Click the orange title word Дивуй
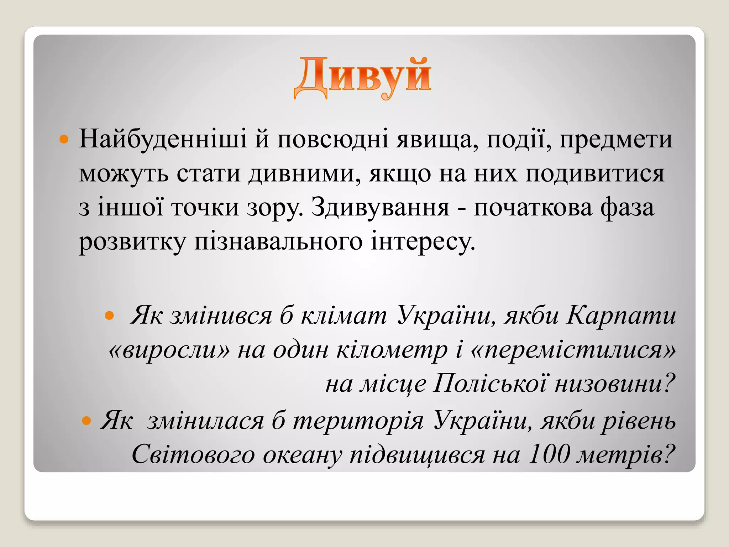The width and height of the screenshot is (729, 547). (x=362, y=77)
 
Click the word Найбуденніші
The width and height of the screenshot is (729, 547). (x=163, y=139)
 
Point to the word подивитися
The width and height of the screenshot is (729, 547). (x=595, y=174)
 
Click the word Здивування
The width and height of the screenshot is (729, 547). (x=380, y=208)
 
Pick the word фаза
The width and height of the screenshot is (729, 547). (x=627, y=208)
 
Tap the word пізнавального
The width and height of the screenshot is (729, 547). (x=278, y=241)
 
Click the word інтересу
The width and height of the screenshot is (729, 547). (x=423, y=241)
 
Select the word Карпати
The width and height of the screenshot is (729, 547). (x=621, y=316)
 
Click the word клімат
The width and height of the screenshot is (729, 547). (x=343, y=316)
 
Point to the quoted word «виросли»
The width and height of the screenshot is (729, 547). (x=169, y=350)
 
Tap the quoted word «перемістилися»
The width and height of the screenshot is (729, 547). (x=573, y=350)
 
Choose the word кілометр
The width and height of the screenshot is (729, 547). (x=392, y=350)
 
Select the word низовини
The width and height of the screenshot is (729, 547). (x=614, y=384)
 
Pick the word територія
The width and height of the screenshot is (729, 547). (x=358, y=421)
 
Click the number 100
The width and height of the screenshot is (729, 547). (x=549, y=454)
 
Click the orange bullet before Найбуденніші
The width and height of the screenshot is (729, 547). (x=64, y=139)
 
